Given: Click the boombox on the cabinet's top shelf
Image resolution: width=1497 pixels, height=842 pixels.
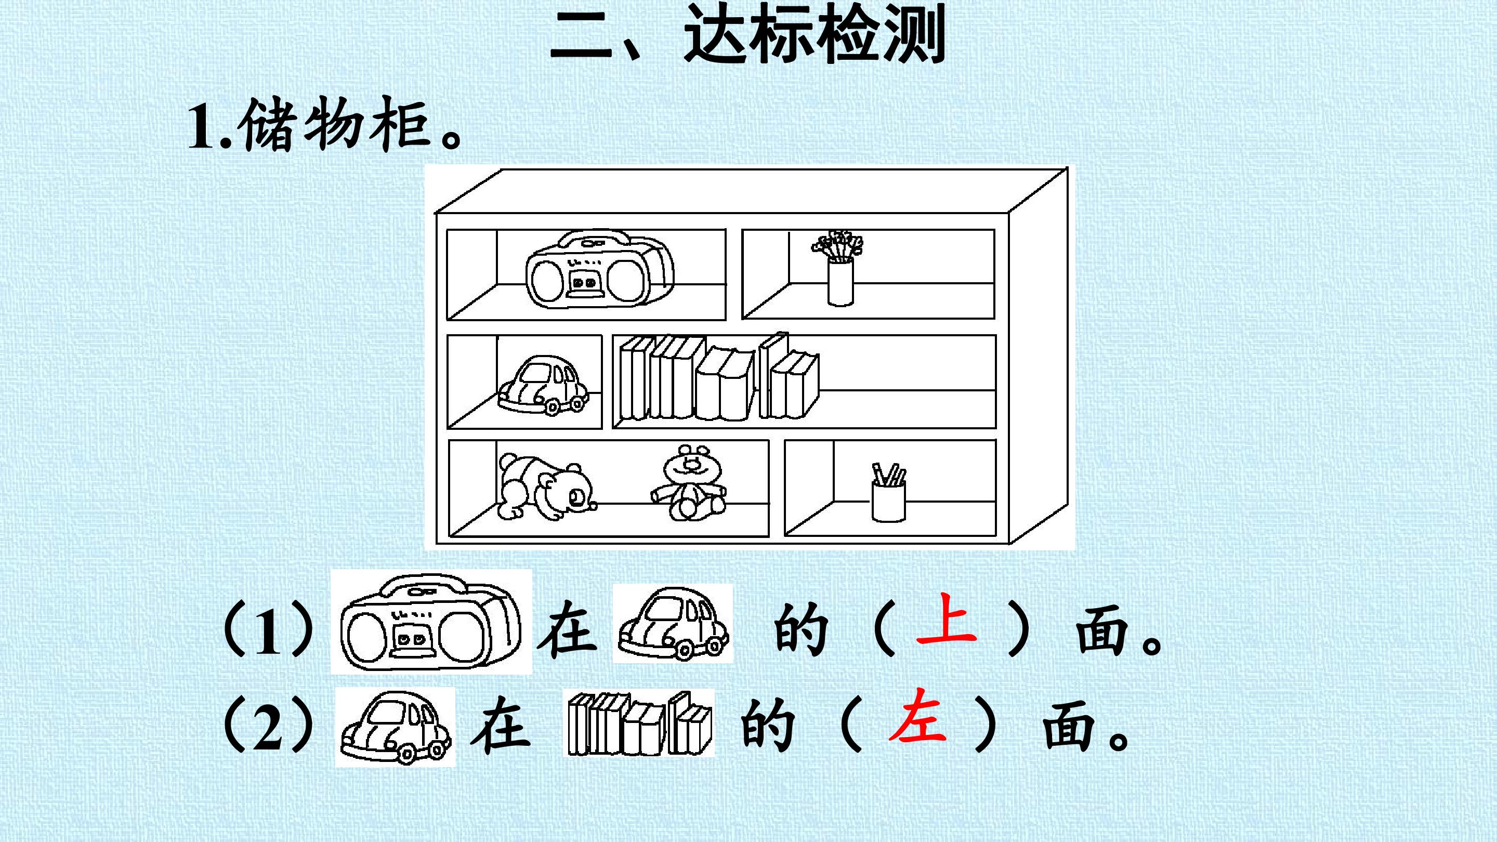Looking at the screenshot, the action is (x=600, y=271).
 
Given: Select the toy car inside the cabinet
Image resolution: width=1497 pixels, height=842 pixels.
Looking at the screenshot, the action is (x=542, y=385).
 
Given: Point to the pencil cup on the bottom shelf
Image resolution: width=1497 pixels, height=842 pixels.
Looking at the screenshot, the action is (x=888, y=492).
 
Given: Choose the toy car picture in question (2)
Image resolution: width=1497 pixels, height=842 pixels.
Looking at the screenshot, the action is (x=396, y=727).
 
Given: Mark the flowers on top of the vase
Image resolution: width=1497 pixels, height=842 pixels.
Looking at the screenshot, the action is (x=838, y=245).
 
